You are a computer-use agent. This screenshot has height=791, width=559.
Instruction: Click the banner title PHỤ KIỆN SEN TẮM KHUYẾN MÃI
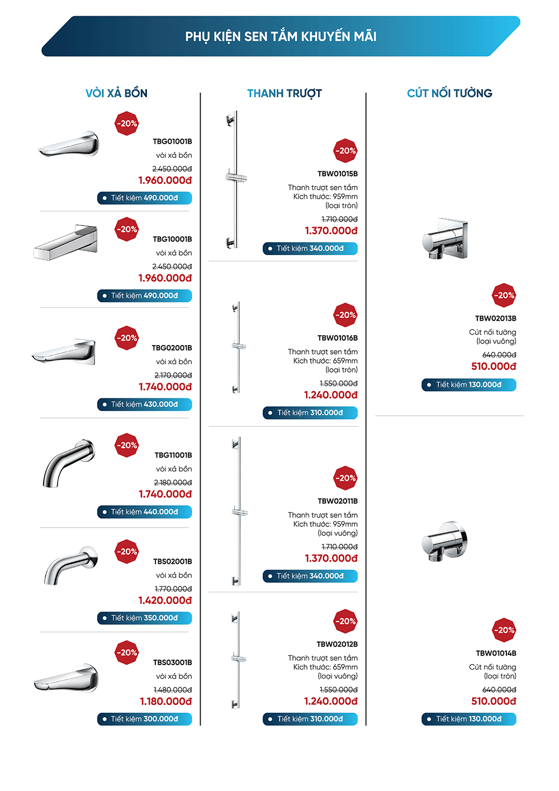(x=281, y=37)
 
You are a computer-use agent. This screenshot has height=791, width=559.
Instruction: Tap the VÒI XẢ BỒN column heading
(x=116, y=93)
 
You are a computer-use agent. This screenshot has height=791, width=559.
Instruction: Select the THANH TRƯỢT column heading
(x=284, y=93)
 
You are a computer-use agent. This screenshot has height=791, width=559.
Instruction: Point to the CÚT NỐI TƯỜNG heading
(x=449, y=93)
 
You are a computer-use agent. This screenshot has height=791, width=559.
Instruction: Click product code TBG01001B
(x=172, y=142)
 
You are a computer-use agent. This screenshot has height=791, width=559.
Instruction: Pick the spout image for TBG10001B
(x=66, y=243)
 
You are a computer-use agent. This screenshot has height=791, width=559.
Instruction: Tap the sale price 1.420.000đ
(x=165, y=600)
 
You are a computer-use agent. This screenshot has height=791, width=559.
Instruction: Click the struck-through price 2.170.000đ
(x=173, y=375)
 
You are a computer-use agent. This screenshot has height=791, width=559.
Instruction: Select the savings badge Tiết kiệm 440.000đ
(x=144, y=512)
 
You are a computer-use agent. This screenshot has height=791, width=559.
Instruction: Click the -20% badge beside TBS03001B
(x=127, y=653)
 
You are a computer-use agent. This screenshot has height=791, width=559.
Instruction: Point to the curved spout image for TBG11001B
(x=68, y=461)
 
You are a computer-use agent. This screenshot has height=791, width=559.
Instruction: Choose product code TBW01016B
(x=337, y=338)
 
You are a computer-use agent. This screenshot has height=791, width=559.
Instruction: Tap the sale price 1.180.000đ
(x=165, y=701)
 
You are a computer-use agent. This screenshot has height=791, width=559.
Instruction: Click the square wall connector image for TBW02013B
(x=445, y=239)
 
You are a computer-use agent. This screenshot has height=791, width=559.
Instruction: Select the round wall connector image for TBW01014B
(x=444, y=541)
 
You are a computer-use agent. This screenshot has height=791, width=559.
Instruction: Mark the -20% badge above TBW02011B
(x=345, y=478)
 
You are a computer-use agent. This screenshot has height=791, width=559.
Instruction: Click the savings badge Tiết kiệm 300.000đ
(x=144, y=719)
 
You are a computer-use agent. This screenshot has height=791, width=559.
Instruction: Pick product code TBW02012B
(x=337, y=644)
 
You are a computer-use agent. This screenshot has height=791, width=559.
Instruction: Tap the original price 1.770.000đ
(x=173, y=589)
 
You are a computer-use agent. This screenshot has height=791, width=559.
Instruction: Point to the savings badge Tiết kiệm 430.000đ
(x=144, y=404)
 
